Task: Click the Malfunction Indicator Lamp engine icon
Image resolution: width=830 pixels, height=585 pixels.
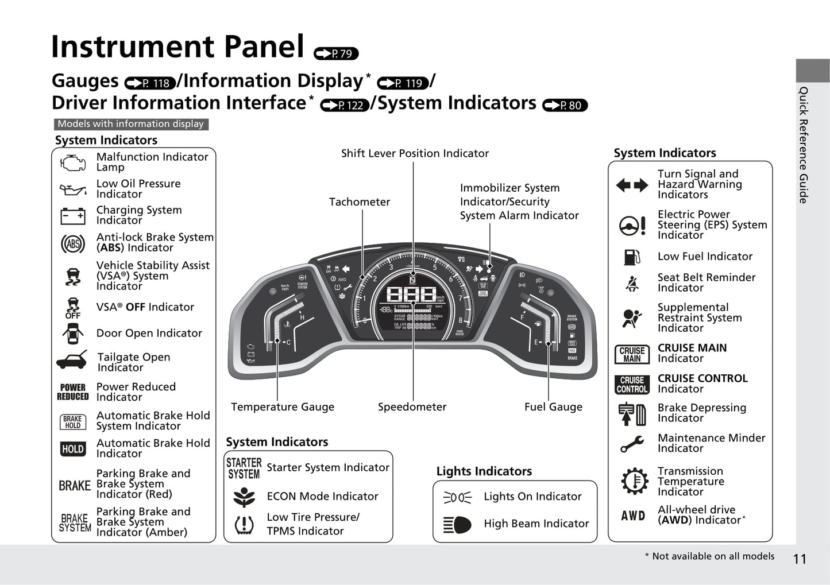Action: click(72, 162)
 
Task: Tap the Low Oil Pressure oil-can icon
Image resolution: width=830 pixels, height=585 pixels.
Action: click(72, 189)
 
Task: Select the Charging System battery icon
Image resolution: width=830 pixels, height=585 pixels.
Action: click(73, 216)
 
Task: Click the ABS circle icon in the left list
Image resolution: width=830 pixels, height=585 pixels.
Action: click(73, 244)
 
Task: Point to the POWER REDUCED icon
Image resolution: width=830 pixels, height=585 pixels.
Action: click(73, 392)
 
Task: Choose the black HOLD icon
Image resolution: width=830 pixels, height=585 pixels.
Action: click(73, 449)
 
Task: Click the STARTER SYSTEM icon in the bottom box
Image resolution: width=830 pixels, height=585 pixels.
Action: click(244, 468)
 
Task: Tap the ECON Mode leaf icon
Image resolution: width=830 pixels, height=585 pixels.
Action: click(244, 497)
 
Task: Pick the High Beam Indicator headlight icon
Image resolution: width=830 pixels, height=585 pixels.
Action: click(457, 524)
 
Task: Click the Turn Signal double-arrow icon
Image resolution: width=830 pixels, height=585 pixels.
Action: click(632, 185)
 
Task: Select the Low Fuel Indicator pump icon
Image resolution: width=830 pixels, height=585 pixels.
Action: click(632, 257)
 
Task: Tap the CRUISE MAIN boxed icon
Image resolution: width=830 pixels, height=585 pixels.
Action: click(632, 354)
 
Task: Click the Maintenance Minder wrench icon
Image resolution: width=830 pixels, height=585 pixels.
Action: click(632, 444)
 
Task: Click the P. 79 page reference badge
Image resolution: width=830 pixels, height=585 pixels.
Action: click(336, 54)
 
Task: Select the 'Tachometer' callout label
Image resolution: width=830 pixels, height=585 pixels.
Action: click(359, 202)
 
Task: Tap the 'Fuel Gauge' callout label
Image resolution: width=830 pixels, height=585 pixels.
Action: click(553, 407)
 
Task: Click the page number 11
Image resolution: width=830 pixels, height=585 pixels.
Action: click(800, 559)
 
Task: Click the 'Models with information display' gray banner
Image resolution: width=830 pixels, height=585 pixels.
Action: click(131, 124)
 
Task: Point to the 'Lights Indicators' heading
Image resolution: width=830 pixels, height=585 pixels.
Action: click(484, 471)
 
